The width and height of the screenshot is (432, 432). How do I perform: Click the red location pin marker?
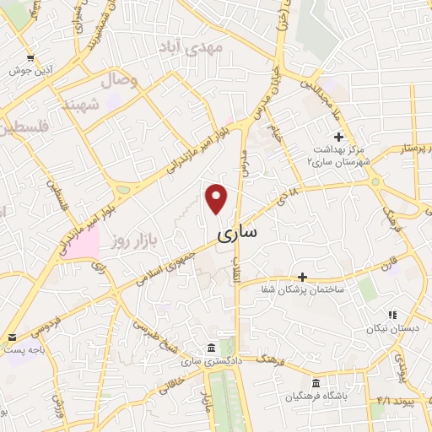pyautogui.click(x=217, y=198)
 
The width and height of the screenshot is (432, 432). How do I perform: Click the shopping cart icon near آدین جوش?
pyautogui.click(x=30, y=57)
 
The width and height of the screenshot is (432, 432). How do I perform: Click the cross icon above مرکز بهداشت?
pyautogui.click(x=338, y=137)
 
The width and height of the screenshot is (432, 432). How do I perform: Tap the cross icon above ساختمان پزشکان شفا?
pyautogui.click(x=302, y=277)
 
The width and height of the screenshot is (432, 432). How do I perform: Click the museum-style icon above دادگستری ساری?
pyautogui.click(x=209, y=348)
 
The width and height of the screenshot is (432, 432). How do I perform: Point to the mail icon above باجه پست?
pyautogui.click(x=11, y=335)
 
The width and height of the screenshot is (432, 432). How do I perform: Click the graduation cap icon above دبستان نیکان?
pyautogui.click(x=390, y=314)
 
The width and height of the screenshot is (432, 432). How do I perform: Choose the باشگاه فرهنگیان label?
pyautogui.click(x=317, y=396)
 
